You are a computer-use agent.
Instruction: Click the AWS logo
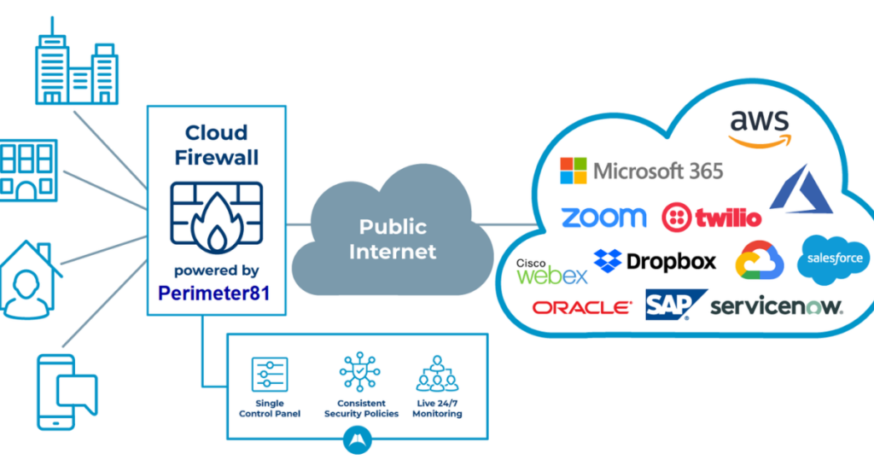[759, 129]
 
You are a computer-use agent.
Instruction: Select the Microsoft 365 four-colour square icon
[573, 171]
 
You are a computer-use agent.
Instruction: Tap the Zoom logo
[603, 218]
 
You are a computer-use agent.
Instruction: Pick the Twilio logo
[711, 218]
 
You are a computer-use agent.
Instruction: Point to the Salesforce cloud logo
[834, 259]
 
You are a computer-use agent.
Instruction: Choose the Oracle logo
[582, 307]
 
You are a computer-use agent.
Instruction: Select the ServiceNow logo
[777, 306]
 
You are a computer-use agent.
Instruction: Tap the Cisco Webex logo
[551, 271]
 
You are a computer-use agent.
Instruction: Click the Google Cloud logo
[759, 260]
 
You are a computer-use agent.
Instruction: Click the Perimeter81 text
[214, 293]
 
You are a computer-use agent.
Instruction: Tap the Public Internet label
[393, 239]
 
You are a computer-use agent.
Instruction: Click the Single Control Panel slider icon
[270, 375]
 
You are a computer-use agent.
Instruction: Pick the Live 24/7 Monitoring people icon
[437, 374]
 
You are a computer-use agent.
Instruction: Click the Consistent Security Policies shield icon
[360, 371]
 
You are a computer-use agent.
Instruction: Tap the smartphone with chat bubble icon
[67, 392]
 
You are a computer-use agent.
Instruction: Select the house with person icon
[29, 280]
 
